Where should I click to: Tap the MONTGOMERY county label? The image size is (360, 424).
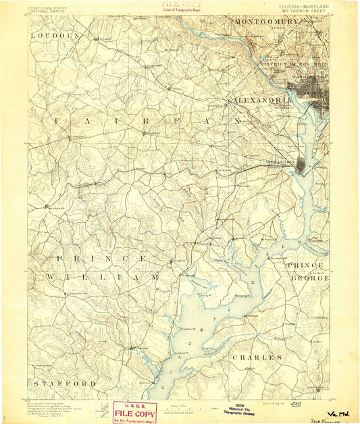point(266,22)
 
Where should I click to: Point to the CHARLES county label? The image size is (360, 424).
point(257,356)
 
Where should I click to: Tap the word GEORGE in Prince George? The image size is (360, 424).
point(309,277)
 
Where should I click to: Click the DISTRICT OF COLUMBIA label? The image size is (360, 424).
point(293,64)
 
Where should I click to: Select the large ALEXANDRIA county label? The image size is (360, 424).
point(263,99)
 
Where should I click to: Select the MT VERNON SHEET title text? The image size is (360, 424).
point(300,11)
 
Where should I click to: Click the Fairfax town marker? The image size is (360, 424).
point(143,133)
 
